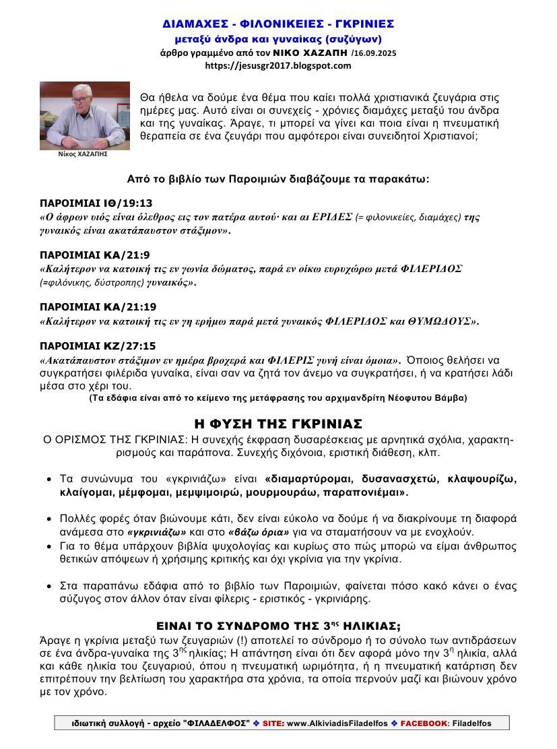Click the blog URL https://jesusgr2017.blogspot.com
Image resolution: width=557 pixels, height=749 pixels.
click(278, 65)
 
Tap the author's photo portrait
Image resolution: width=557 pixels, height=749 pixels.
click(75, 115)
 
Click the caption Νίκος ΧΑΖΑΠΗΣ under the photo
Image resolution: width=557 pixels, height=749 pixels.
click(75, 154)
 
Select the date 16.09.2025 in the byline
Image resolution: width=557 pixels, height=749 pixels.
click(374, 53)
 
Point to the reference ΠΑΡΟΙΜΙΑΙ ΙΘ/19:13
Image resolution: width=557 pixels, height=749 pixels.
click(96, 203)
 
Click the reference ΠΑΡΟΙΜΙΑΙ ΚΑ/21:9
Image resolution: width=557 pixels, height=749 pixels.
click(94, 255)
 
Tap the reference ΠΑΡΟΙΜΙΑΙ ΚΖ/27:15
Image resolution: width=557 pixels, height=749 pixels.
click(98, 346)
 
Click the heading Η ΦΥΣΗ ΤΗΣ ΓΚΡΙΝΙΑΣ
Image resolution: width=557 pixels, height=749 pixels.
click(278, 424)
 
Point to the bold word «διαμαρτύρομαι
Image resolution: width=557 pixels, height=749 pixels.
click(307, 480)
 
